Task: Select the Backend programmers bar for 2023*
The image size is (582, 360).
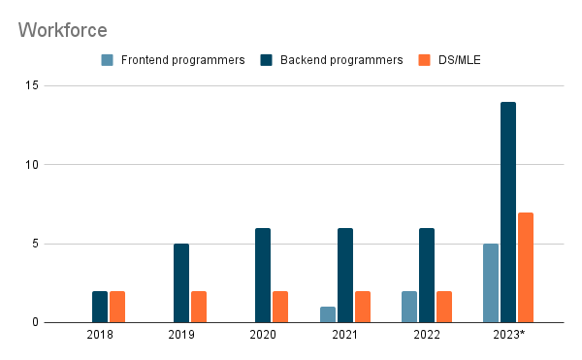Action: (508, 213)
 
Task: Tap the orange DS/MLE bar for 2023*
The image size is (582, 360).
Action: (526, 268)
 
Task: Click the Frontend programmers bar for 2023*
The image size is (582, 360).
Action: (491, 283)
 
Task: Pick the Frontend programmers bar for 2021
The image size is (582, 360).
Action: (327, 314)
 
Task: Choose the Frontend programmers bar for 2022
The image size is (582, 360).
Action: (409, 307)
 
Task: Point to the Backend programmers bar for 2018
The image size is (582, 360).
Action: (100, 307)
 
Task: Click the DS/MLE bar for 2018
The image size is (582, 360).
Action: (117, 307)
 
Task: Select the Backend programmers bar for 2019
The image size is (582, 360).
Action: (181, 283)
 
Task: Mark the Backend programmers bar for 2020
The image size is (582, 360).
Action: (263, 276)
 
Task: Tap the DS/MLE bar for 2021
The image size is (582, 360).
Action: (363, 307)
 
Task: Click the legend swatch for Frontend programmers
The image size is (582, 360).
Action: (109, 60)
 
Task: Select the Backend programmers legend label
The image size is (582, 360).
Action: (340, 60)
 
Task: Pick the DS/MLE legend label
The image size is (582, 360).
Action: (460, 60)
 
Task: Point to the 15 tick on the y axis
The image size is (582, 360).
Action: (32, 85)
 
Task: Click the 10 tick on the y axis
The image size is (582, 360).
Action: (32, 165)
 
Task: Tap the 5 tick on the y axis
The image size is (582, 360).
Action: (35, 244)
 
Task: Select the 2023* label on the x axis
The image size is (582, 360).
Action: (508, 335)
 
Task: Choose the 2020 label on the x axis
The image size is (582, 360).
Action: (263, 335)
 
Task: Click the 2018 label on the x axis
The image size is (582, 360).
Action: (100, 335)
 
